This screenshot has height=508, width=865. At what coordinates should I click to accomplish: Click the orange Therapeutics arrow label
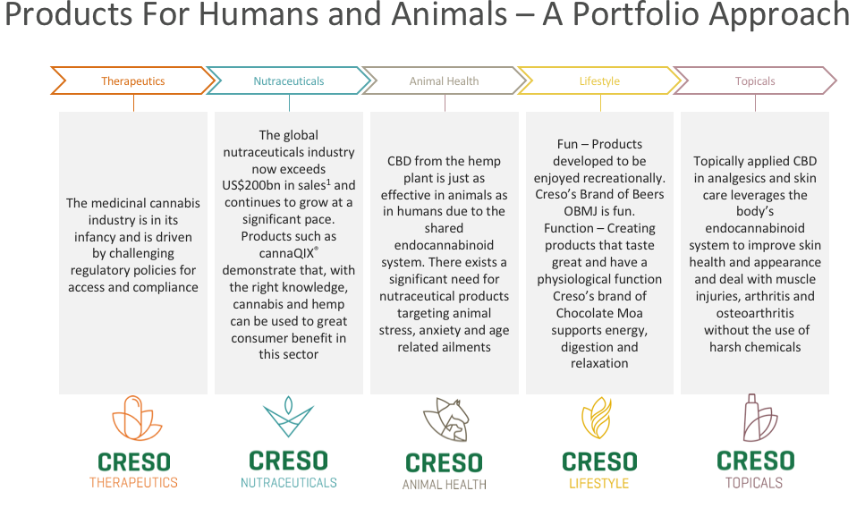[133, 81]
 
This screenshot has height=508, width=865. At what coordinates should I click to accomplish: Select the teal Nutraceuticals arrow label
[289, 81]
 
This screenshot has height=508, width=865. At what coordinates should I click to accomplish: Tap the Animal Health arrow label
[444, 81]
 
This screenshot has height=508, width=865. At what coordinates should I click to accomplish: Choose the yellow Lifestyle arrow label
[599, 81]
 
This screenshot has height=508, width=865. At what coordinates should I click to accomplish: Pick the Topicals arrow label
[755, 81]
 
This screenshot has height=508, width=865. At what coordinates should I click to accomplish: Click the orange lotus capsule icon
[137, 418]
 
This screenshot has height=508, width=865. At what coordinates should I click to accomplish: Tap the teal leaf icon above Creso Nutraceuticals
[289, 417]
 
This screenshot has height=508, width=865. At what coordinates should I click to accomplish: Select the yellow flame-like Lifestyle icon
[597, 418]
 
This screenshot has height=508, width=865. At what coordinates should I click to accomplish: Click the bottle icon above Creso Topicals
[760, 418]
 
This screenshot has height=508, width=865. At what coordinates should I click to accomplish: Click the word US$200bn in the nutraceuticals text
[251, 186]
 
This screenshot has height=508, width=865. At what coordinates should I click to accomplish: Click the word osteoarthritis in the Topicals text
[755, 313]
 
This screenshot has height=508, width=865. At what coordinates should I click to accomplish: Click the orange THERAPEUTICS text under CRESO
[133, 483]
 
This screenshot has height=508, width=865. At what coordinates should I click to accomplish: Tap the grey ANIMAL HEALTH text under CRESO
[444, 485]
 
